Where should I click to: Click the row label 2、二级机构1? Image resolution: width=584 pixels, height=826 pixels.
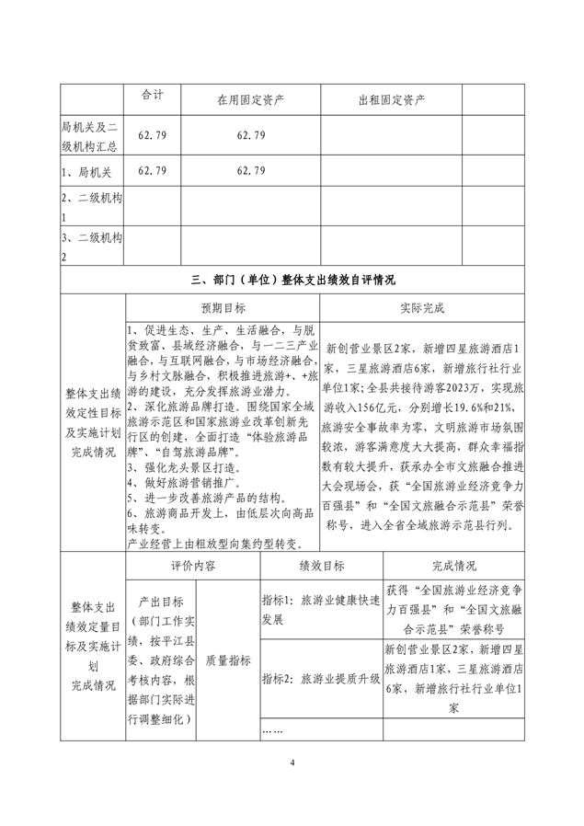[91, 207]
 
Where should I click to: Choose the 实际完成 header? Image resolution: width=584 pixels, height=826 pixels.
[422, 308]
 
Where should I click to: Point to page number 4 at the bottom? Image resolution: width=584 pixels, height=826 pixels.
[292, 763]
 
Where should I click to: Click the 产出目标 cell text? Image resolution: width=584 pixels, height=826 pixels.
[160, 660]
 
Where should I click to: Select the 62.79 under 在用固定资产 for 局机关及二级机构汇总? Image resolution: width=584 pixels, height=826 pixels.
[250, 135]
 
